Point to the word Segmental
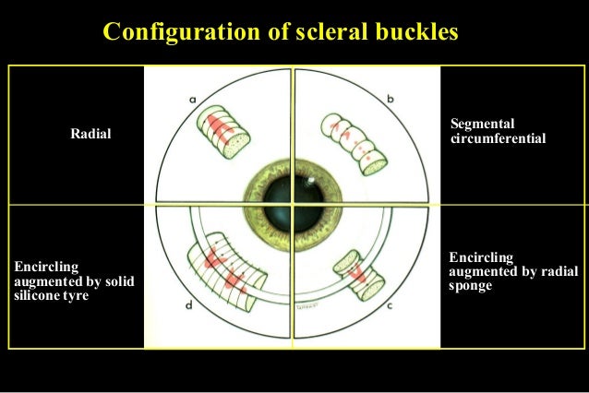tap(482, 124)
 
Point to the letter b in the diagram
tap(391, 97)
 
